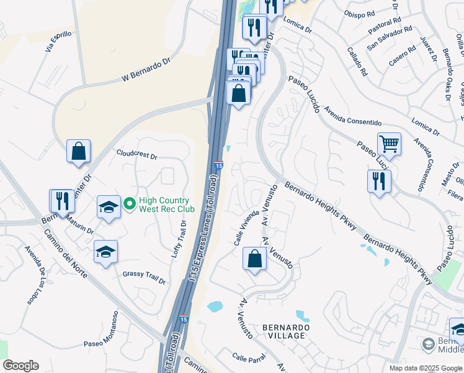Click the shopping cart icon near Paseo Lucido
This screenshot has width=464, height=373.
click(389, 144)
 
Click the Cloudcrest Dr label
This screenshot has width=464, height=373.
click(136, 153)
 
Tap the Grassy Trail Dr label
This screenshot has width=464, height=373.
click(144, 277)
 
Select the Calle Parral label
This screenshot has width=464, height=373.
click(249, 358)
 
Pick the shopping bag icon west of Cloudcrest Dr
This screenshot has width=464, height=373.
click(79, 151)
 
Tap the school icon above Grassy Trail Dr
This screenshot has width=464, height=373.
click(106, 252)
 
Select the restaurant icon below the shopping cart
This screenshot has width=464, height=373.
click(379, 182)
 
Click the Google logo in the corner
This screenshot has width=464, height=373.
click(20, 366)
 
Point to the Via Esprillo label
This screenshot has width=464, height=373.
click(60, 41)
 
